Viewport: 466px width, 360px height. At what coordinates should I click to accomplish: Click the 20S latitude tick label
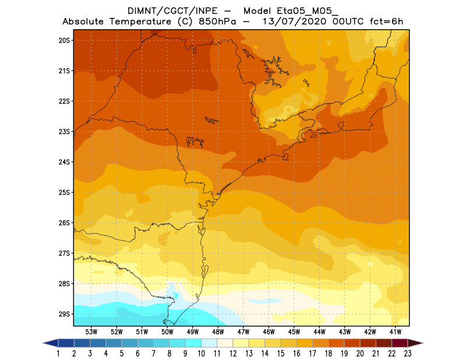click(64, 40)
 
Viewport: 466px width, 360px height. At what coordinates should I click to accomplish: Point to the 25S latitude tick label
click(64, 192)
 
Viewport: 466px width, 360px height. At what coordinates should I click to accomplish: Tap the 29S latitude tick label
click(64, 314)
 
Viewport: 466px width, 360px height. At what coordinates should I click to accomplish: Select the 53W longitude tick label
click(91, 331)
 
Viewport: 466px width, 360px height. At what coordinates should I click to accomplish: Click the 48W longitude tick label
click(218, 331)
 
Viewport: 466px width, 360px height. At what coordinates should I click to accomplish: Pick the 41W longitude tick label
click(396, 331)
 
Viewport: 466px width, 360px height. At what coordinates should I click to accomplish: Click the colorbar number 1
click(59, 354)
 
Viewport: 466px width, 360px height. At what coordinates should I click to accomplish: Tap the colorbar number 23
click(407, 354)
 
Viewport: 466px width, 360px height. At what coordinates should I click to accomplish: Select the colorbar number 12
click(233, 354)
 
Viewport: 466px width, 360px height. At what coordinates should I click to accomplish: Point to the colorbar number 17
click(312, 354)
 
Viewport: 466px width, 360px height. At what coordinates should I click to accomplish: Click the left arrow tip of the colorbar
click(44, 343)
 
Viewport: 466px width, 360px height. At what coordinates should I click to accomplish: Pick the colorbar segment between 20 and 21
click(368, 343)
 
